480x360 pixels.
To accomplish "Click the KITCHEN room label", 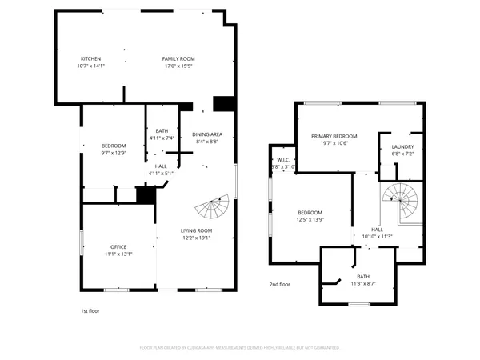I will [90, 59].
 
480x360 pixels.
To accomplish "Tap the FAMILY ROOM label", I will [178, 59].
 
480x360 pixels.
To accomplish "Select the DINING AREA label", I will [208, 134].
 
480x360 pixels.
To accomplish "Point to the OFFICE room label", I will [118, 246].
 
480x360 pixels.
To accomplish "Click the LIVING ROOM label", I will [196, 230].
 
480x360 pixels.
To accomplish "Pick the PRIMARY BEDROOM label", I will [334, 136].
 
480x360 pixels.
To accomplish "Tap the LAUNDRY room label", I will [402, 146].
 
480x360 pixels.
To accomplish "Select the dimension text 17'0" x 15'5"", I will [178, 66].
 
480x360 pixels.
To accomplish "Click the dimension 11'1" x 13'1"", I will [118, 254].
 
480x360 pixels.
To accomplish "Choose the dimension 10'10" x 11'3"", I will [376, 236].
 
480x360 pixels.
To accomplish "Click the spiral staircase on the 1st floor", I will [214, 208].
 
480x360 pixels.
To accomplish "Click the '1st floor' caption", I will [90, 310].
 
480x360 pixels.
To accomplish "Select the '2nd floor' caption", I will [280, 284].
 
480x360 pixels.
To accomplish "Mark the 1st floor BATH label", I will [162, 131].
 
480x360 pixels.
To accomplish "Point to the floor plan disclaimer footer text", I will [240, 348].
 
